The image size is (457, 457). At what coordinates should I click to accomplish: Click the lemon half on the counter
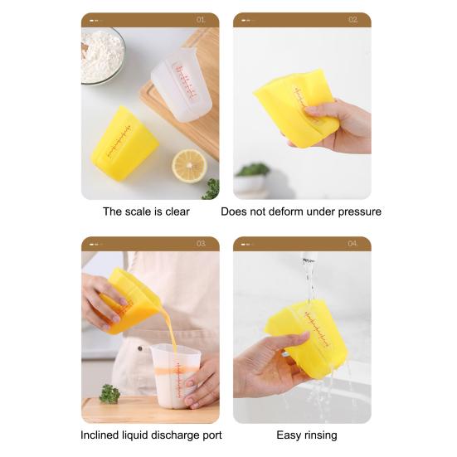[188, 165]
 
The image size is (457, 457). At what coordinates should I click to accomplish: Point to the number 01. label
[202, 19]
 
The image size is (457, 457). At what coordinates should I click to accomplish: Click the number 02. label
[353, 19]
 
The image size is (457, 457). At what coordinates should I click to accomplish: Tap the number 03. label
[202, 244]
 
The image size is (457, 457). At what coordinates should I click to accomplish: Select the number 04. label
[353, 244]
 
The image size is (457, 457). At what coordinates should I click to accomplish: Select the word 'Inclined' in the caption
[101, 435]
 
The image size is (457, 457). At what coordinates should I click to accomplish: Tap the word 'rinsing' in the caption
[321, 435]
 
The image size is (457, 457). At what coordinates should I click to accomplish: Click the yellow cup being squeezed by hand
[295, 108]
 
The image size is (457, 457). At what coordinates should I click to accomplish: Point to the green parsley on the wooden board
[109, 394]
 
